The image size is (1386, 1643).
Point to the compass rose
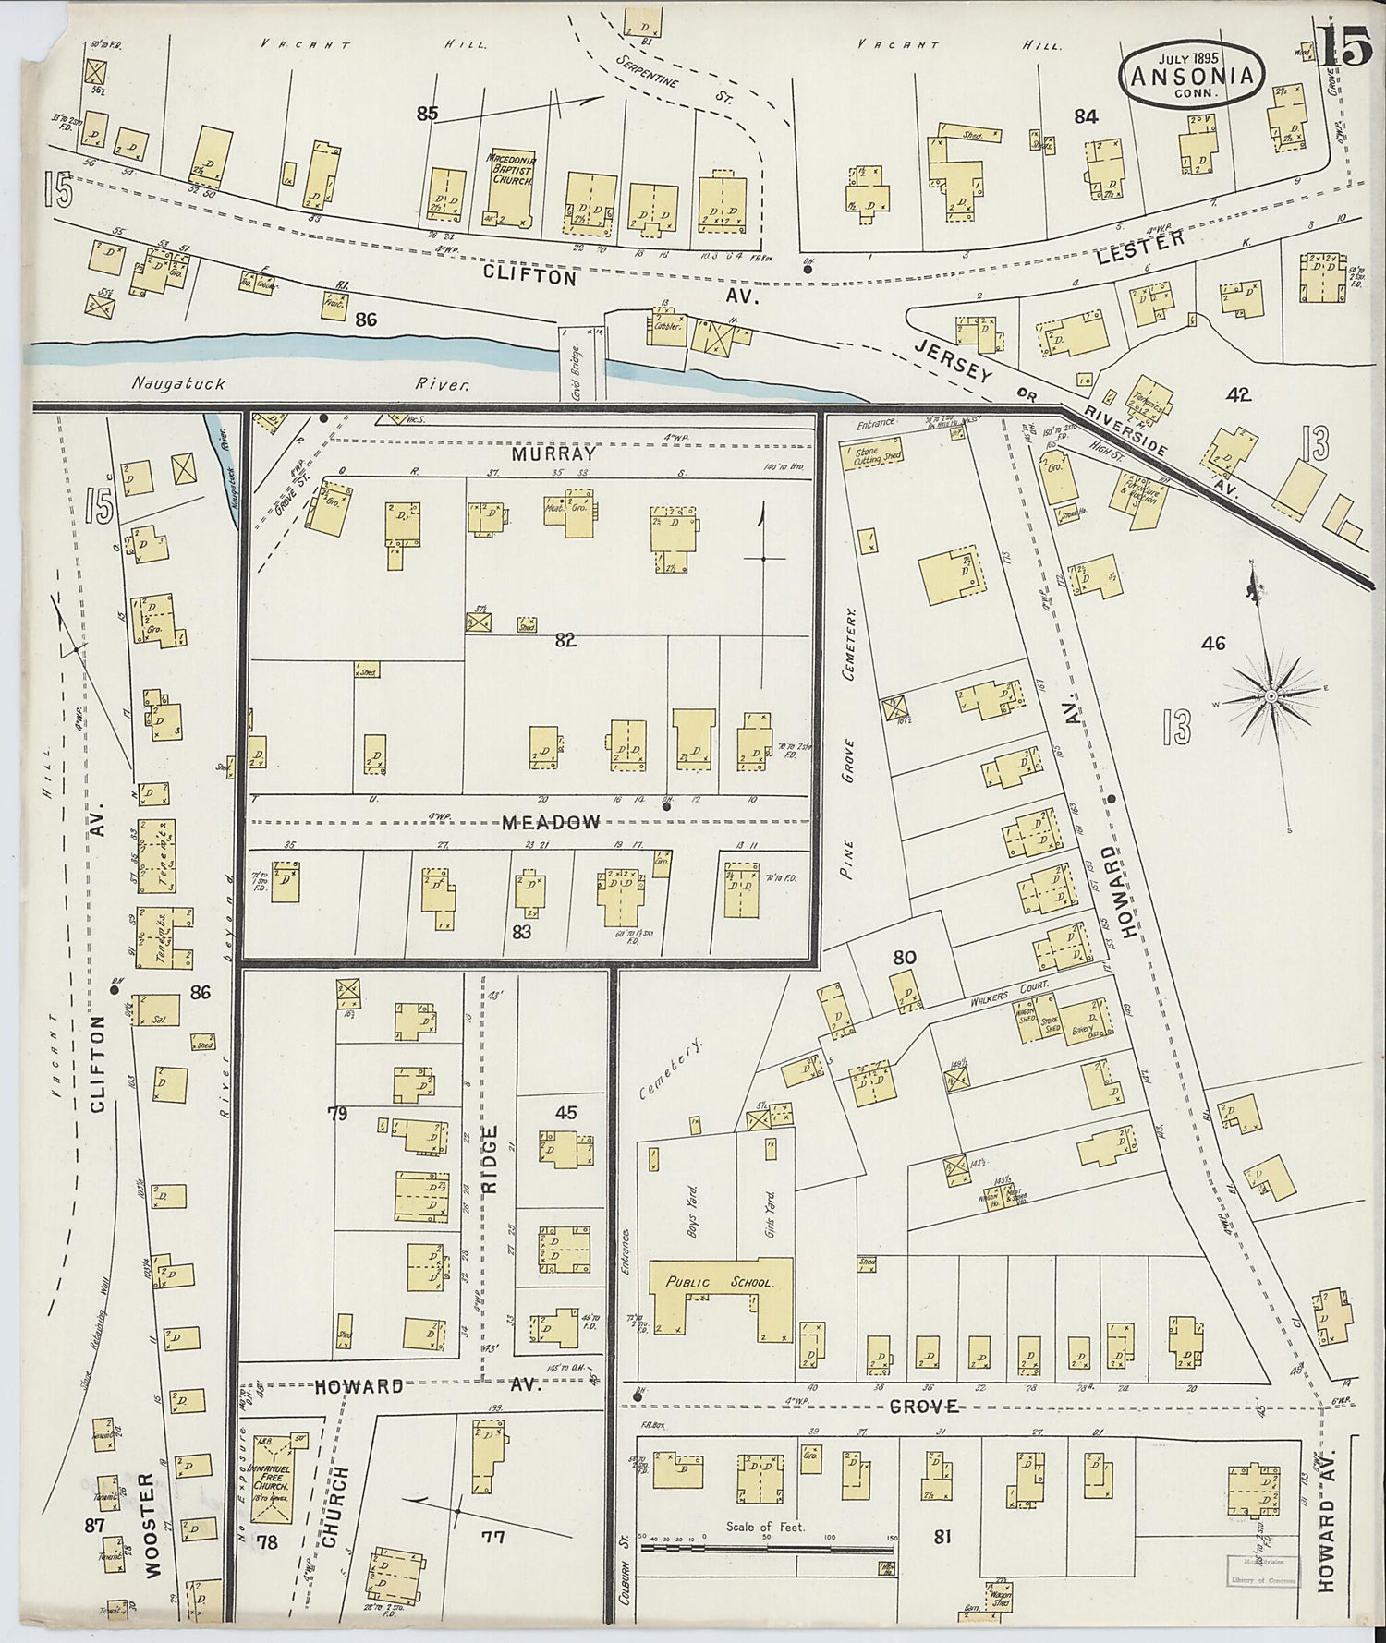(x=1270, y=692)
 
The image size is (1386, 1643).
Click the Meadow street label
(x=552, y=821)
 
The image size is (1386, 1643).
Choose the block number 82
(x=565, y=640)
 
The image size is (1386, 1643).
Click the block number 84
(x=1086, y=116)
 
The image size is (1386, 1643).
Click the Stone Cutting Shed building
(x=871, y=452)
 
